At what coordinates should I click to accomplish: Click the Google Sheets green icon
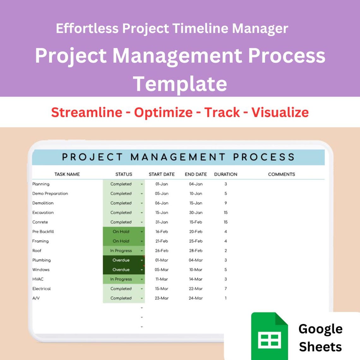pyautogui.click(x=269, y=336)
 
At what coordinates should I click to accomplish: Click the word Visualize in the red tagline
pyautogui.click(x=280, y=112)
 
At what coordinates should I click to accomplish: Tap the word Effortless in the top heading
pyautogui.click(x=87, y=28)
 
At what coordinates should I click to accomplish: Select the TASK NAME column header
pyautogui.click(x=67, y=174)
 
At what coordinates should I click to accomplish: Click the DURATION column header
pyautogui.click(x=225, y=174)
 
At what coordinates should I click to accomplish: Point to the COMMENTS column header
pyautogui.click(x=281, y=174)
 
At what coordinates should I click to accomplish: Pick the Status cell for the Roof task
pyautogui.click(x=121, y=251)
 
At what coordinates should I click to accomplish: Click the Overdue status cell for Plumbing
pyautogui.click(x=121, y=260)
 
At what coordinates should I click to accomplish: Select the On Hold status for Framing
pyautogui.click(x=121, y=241)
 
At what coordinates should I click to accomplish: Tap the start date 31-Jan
pyautogui.click(x=162, y=222)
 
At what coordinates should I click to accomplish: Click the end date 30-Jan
pyautogui.click(x=196, y=213)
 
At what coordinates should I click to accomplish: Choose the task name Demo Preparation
pyautogui.click(x=50, y=194)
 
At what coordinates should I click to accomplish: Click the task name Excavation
pyautogui.click(x=43, y=213)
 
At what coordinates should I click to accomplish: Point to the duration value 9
pyautogui.click(x=225, y=203)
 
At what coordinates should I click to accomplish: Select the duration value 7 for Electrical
pyautogui.click(x=225, y=289)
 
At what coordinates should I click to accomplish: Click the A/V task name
pyautogui.click(x=36, y=298)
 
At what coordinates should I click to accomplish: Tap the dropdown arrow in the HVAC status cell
pyautogui.click(x=142, y=279)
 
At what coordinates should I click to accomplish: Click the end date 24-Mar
pyautogui.click(x=196, y=298)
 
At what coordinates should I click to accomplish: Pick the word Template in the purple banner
pyautogui.click(x=180, y=84)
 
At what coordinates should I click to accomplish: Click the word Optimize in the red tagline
pyautogui.click(x=163, y=112)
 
